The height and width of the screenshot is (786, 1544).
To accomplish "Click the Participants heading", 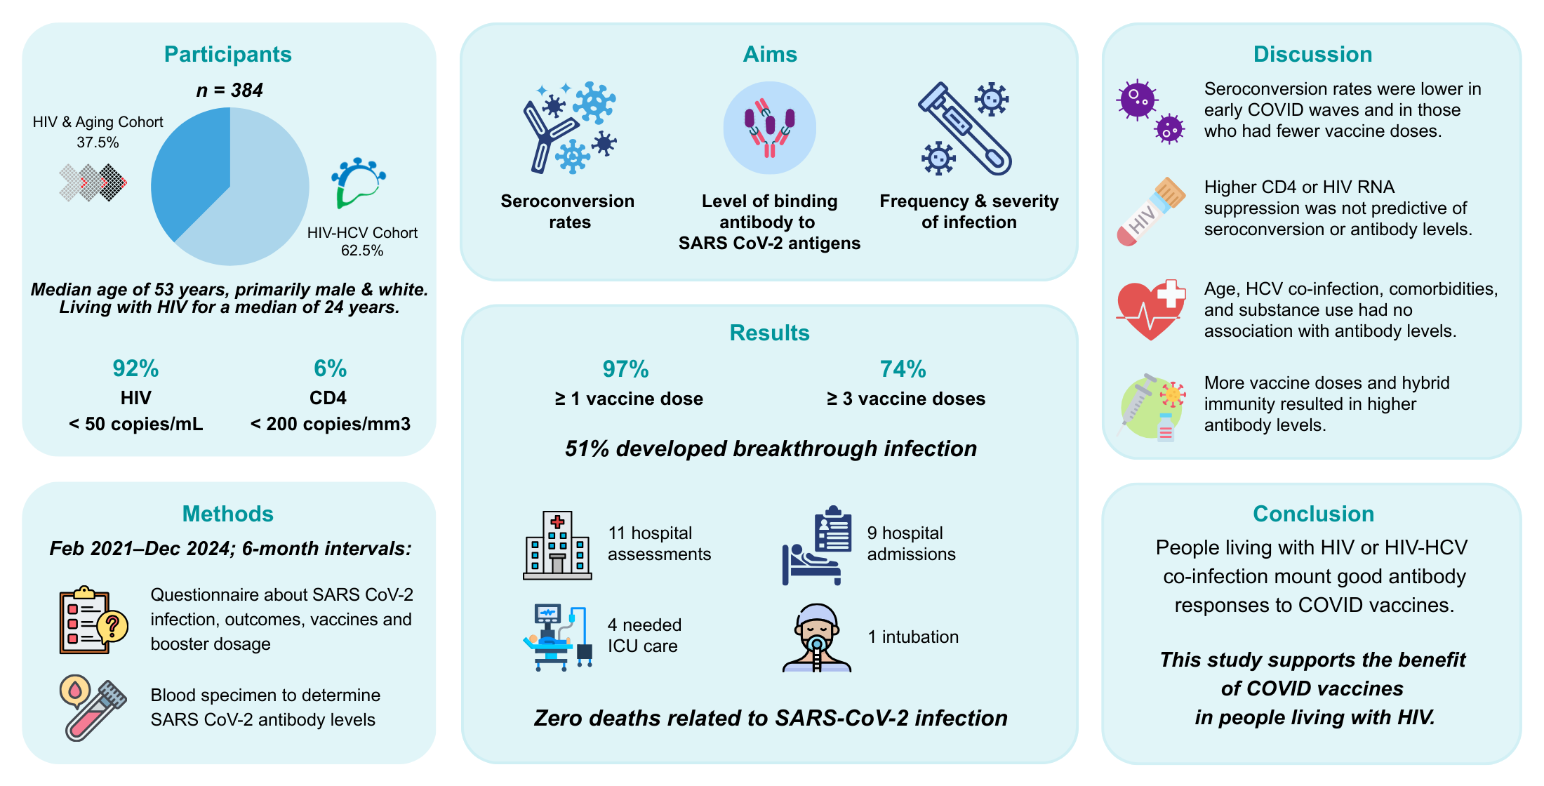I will coord(227,54).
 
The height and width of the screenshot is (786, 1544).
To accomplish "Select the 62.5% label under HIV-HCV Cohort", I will coord(361,251).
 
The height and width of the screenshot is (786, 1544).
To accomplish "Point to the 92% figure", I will coord(135,368).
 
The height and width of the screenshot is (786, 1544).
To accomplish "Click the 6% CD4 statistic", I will coord(330,368).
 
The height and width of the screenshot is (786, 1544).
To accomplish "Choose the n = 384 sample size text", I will coord(229,91).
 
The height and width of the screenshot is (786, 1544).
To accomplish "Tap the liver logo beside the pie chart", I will coord(358,182).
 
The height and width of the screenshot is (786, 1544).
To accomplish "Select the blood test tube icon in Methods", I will coord(92,709).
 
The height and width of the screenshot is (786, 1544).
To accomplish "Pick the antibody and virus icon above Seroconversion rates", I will coord(568,128).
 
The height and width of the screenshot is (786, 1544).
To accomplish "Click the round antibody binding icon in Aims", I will coord(769,128).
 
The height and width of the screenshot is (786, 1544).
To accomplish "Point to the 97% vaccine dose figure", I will coord(625,369).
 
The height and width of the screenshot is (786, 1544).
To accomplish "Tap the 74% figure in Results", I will coord(903,369).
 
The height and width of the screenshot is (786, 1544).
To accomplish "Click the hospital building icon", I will coord(557,545).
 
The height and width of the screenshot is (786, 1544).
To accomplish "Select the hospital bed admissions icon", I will coord(817,545).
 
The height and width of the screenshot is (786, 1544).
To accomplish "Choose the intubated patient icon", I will coord(817,637).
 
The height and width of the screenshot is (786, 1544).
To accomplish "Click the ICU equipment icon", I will coord(557,637).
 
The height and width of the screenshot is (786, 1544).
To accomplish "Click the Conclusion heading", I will coord(1313,514).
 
